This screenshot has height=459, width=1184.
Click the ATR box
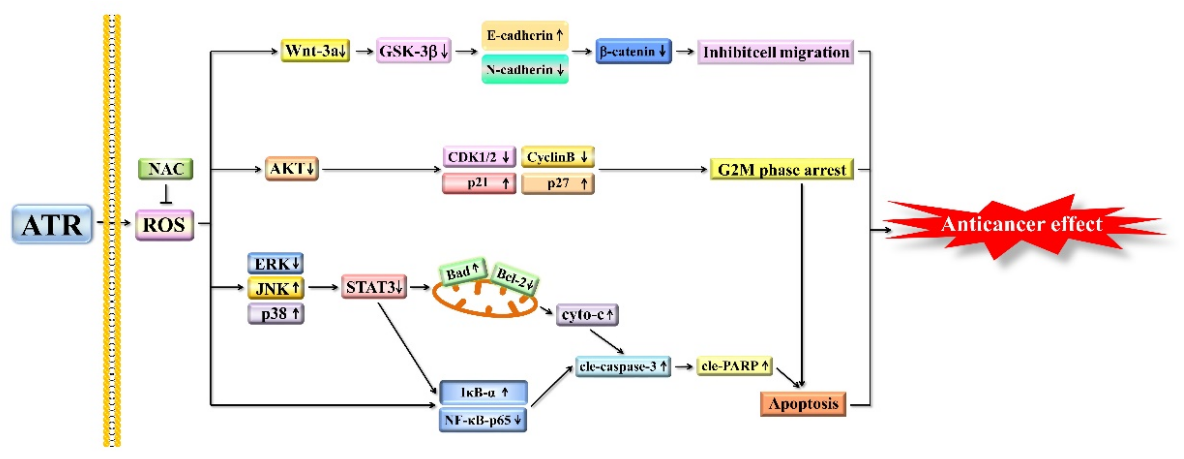52,224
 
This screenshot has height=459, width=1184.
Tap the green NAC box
165,169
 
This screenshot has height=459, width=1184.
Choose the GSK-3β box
413,51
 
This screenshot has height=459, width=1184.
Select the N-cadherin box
524,69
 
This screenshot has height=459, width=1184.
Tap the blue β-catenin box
633,51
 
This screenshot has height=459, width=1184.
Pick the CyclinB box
557,157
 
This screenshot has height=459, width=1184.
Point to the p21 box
479,183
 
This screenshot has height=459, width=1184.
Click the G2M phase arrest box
781,170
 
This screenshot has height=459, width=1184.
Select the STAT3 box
374,287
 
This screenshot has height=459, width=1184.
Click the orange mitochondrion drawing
485,300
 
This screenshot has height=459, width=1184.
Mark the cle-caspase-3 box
623,367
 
